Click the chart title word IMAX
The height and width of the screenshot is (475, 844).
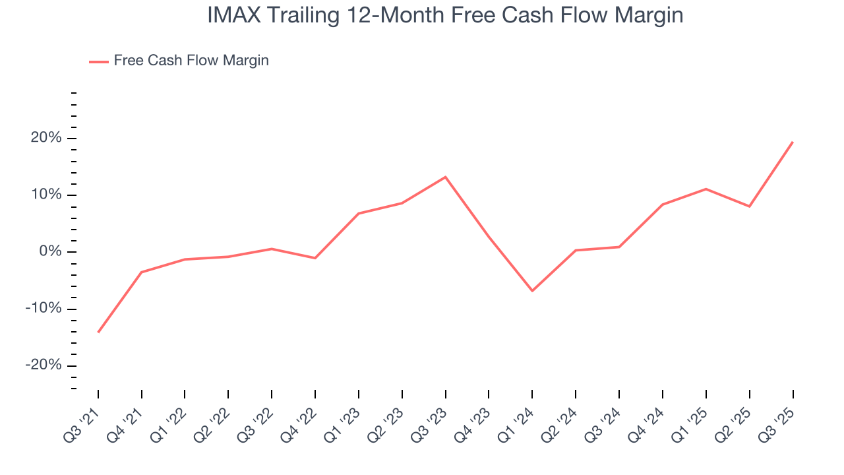click(x=231, y=15)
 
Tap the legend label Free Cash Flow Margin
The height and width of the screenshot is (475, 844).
click(x=191, y=61)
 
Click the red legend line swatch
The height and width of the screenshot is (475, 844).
click(x=99, y=62)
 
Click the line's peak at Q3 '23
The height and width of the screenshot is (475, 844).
click(x=445, y=177)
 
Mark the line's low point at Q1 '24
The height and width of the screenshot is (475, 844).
click(x=532, y=291)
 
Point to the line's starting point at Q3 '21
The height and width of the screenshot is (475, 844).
click(x=98, y=332)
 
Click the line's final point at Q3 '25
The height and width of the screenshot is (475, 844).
click(x=793, y=142)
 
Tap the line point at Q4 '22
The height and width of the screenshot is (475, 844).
click(x=315, y=258)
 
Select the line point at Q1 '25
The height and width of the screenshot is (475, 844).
click(x=706, y=189)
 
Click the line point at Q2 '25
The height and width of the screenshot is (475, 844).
click(x=749, y=206)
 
